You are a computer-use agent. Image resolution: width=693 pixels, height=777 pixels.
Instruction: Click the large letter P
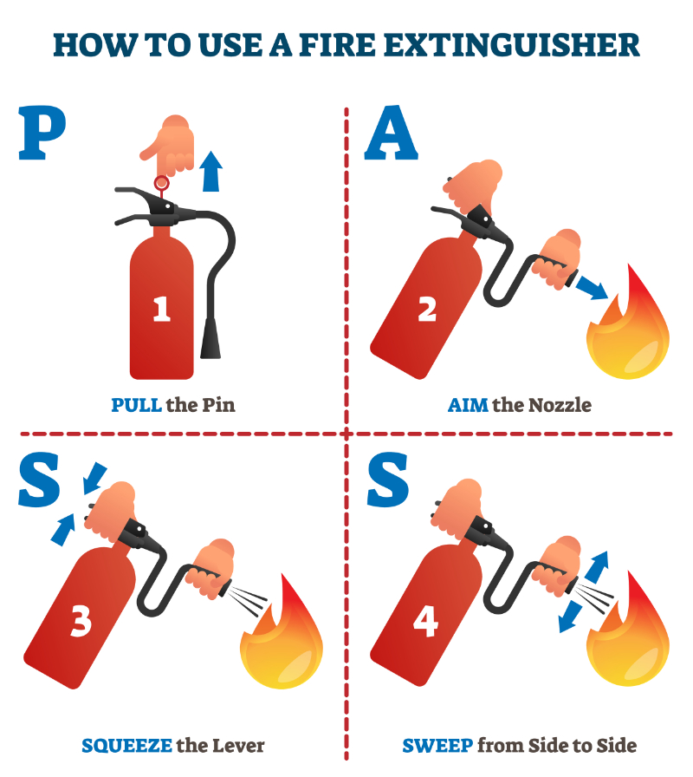(42, 133)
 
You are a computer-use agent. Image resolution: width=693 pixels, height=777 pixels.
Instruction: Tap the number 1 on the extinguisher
(161, 309)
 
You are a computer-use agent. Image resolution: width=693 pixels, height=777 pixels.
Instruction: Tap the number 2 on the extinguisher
(427, 310)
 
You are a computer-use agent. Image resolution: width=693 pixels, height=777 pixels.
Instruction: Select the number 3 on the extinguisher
(80, 621)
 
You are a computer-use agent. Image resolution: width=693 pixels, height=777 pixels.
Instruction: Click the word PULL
(137, 405)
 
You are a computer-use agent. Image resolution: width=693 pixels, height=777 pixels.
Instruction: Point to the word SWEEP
(437, 745)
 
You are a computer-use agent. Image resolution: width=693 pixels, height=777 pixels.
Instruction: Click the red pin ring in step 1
(160, 183)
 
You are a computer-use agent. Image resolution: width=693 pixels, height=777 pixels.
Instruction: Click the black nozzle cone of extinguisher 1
(210, 339)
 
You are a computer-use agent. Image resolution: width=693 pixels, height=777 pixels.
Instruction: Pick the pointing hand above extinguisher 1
(172, 143)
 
